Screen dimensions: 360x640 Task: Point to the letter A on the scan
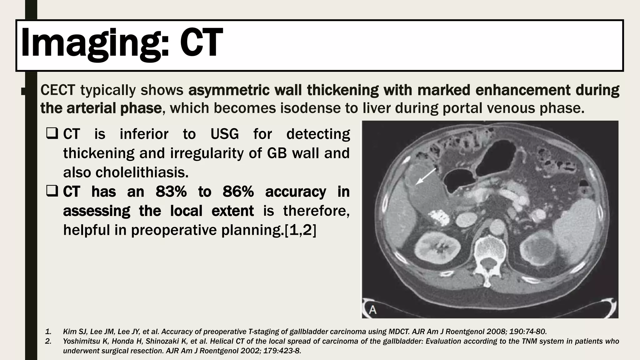[x=372, y=310]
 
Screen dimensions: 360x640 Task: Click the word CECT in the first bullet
[x=57, y=90]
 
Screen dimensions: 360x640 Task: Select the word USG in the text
[x=224, y=134]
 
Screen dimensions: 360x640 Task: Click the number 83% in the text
[x=171, y=192]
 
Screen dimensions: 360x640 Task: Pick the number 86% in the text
[x=238, y=192]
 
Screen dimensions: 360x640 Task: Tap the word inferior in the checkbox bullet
[x=144, y=134]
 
